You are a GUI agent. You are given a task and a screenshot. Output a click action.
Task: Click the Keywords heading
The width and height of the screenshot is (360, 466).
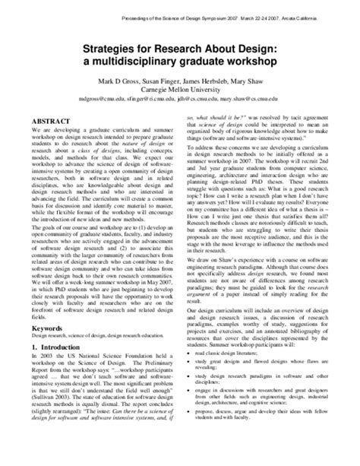[52, 328]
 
